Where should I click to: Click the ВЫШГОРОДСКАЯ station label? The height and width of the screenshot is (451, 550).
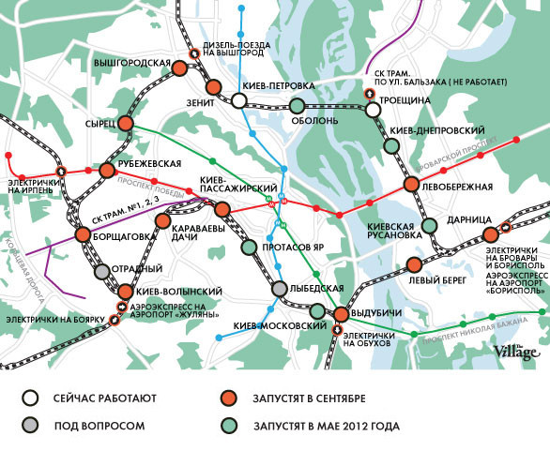[131, 63]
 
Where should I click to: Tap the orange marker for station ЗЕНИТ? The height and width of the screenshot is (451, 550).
[213, 87]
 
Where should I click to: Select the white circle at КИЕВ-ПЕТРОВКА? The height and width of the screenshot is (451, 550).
[240, 100]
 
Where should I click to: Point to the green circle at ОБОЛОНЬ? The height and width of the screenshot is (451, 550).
[297, 106]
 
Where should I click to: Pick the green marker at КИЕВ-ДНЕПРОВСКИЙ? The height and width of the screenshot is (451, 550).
[391, 146]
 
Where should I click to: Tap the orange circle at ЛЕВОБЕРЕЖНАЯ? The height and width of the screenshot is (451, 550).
[410, 185]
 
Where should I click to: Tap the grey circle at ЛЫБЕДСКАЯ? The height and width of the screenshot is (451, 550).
[280, 290]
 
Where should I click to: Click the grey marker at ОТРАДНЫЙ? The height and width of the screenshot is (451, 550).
[102, 272]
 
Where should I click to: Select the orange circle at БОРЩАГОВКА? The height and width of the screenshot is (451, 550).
[81, 235]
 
